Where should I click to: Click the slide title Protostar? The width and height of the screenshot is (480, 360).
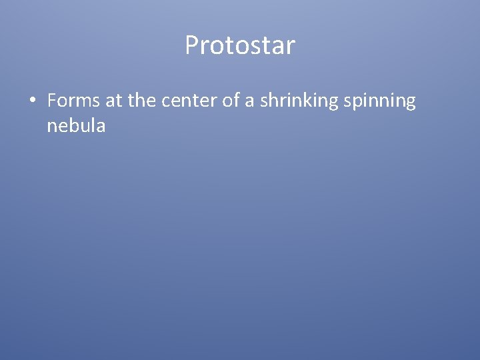point(240,46)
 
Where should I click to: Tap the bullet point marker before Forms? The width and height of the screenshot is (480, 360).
point(32,101)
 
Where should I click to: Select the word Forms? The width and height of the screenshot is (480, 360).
point(74,101)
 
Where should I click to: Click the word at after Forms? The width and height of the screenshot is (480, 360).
point(113,101)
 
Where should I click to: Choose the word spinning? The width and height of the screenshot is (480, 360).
point(383,101)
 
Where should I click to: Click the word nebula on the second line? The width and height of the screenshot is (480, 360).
point(76,125)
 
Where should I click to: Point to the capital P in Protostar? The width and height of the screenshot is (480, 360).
point(192,46)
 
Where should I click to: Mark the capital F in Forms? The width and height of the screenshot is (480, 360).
point(52,101)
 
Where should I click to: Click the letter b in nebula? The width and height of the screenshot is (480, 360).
point(73,125)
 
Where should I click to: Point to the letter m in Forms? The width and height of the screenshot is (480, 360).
point(86,102)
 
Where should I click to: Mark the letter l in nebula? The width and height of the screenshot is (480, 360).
point(93,125)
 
